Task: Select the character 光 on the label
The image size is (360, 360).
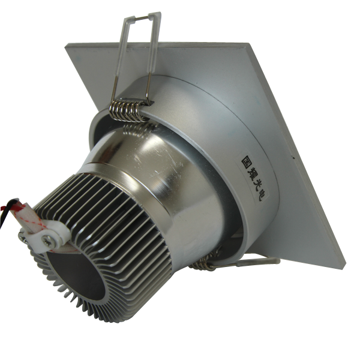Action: [x=256, y=184]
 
